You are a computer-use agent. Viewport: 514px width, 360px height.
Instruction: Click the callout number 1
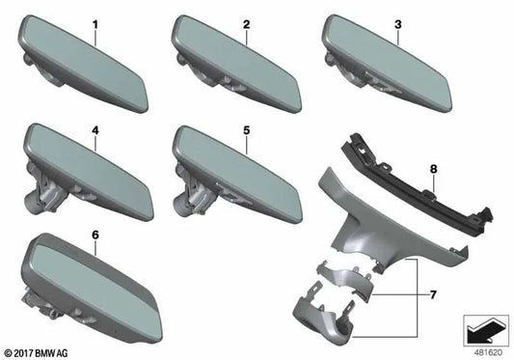tap(94, 22)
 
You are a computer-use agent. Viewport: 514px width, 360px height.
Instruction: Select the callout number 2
tap(246, 22)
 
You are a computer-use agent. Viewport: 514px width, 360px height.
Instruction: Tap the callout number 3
tap(396, 22)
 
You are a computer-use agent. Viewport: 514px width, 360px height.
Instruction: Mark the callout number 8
tap(432, 170)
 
